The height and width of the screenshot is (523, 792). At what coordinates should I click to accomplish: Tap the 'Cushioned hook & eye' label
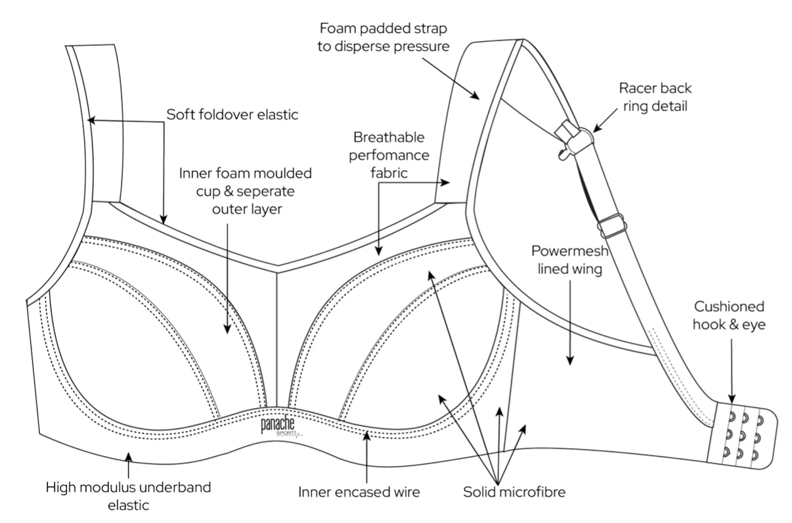click(729, 315)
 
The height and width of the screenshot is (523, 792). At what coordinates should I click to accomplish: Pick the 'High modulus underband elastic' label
click(129, 497)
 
